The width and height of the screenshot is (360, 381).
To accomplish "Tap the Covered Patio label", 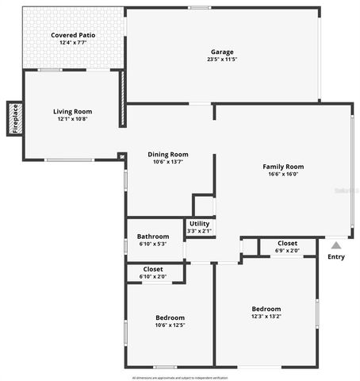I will tap(72, 36).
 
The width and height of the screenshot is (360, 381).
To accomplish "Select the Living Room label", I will tap(73, 111).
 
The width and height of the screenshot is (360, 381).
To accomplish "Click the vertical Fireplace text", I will tap(14, 118).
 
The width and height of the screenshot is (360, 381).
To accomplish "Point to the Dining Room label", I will tap(168, 154).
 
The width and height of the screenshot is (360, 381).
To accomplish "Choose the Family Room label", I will tap(283, 167).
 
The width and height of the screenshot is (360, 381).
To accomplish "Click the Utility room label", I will tap(199, 224).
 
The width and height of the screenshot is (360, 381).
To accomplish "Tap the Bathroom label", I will tap(152, 237).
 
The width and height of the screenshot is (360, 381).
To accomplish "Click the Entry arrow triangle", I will tap(336, 245).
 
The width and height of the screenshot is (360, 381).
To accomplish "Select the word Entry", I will tap(336, 256).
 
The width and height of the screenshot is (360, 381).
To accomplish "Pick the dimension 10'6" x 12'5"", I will tap(170, 325).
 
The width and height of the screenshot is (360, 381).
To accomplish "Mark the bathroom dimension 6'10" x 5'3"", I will tap(152, 244).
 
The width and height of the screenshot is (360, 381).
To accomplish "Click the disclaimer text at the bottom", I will tap(180, 377).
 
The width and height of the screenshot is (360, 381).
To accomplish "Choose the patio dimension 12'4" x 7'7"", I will tap(72, 43).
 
